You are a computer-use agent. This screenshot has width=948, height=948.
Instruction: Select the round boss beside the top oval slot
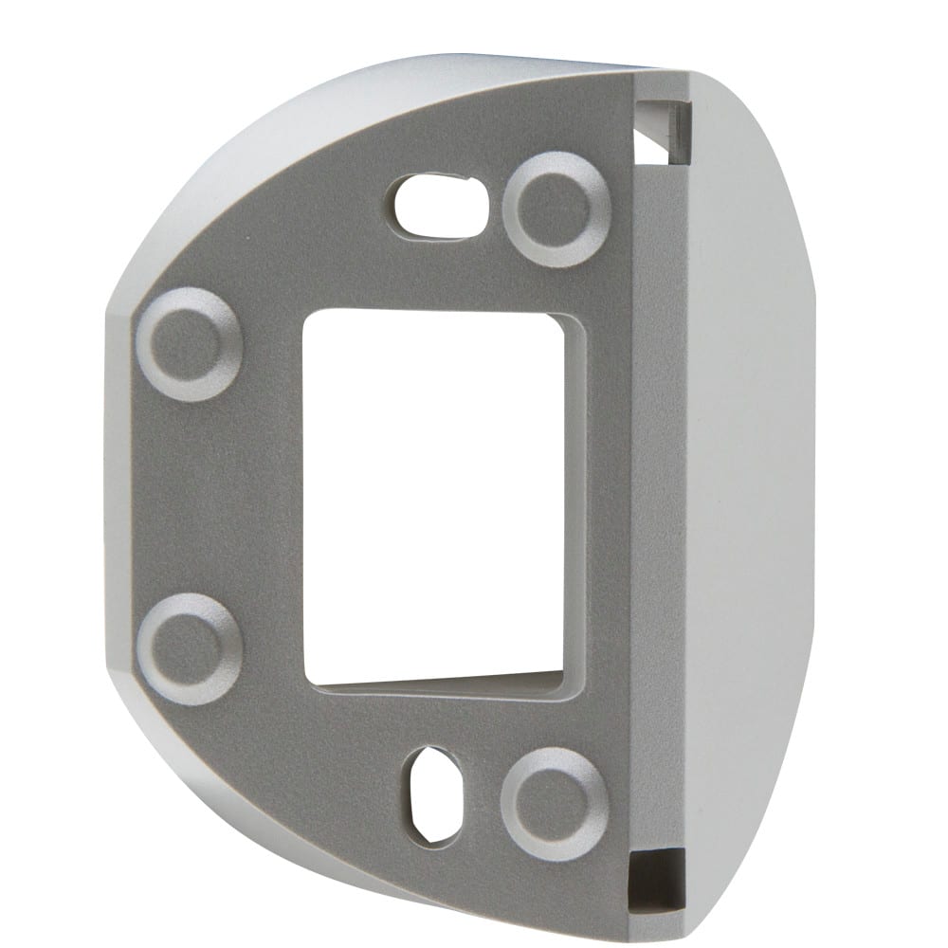(556, 208)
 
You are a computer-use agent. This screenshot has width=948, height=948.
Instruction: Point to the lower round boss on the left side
(190, 648)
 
